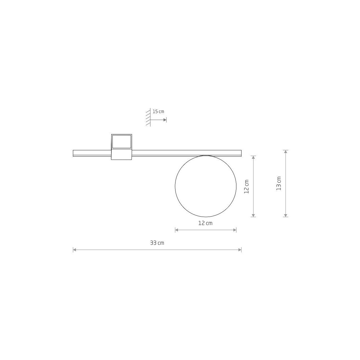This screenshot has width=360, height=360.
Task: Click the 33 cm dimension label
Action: pos(157,243)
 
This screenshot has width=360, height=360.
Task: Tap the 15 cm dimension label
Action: pos(158,112)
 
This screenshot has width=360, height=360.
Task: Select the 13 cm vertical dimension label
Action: pos(279,184)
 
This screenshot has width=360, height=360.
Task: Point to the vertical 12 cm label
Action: pos(247,186)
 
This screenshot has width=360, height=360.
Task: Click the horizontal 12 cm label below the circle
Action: pos(205,223)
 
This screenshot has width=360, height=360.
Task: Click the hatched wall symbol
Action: pos(148,117)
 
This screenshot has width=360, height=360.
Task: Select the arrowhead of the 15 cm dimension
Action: pos(165,120)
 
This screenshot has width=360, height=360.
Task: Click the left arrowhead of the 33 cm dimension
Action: pos(74,250)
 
